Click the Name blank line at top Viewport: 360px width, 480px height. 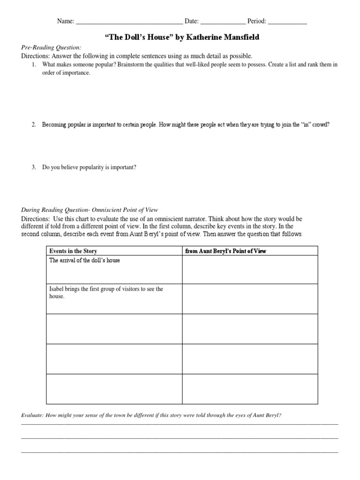pyautogui.click(x=129, y=21)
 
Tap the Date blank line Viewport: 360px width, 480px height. pyautogui.click(x=223, y=21)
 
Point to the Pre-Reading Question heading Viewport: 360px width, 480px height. pyautogui.click(x=51, y=47)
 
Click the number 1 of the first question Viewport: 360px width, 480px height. pyautogui.click(x=34, y=65)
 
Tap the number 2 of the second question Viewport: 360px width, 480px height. pyautogui.click(x=34, y=125)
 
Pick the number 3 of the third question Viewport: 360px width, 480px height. pyautogui.click(x=34, y=167)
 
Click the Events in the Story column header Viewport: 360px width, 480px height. pyautogui.click(x=73, y=251)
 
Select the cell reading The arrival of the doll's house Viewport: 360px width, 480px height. pyautogui.click(x=84, y=261)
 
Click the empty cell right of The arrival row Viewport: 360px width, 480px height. pyautogui.click(x=250, y=270)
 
